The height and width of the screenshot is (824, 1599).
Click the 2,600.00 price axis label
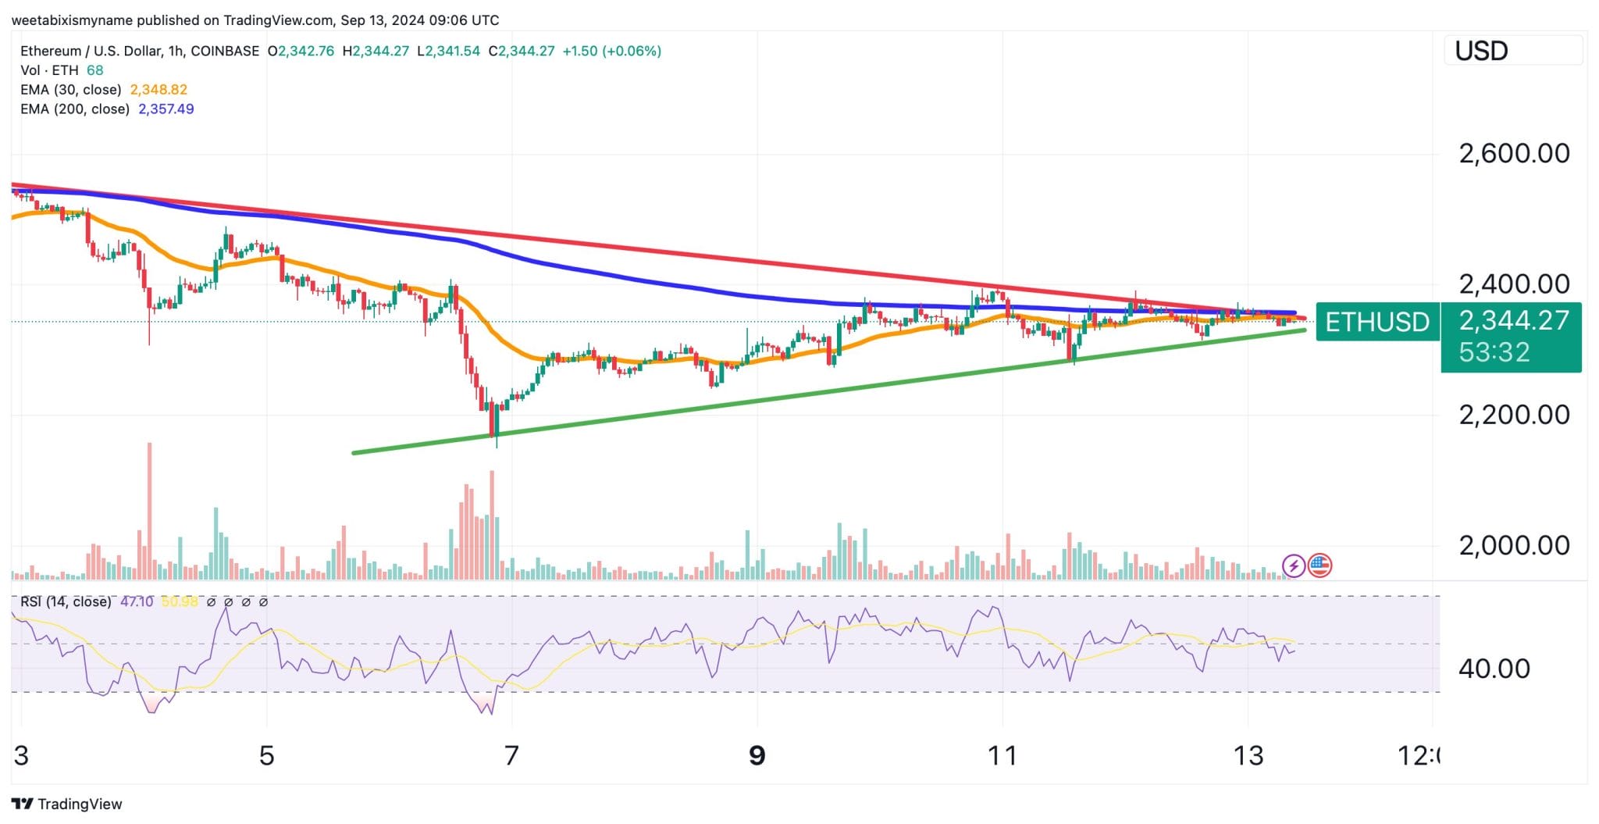(1513, 153)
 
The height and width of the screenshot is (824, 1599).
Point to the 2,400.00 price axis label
(1513, 284)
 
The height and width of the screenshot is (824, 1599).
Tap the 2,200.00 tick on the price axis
(1513, 415)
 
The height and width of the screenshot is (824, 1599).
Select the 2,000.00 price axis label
(1513, 545)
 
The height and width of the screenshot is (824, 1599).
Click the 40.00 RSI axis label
(1494, 669)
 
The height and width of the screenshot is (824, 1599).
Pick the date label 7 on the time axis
(511, 756)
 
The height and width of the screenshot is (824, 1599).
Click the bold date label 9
(757, 756)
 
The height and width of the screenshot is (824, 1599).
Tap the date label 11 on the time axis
(1002, 756)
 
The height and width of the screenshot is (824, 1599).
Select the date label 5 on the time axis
(267, 756)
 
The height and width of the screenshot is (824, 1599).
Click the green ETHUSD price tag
(1377, 322)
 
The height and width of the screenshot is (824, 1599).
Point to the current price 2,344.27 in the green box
(1514, 320)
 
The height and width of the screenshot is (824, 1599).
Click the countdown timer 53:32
(1494, 352)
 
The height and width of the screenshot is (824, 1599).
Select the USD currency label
(1481, 52)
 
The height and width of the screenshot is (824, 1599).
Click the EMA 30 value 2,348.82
(158, 90)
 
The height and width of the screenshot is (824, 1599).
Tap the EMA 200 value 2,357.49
(166, 109)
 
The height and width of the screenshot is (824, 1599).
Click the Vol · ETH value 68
(94, 70)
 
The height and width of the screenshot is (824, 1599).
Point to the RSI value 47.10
(137, 602)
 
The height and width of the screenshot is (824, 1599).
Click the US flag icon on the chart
(1319, 565)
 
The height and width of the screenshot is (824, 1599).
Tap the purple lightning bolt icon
(1294, 565)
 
